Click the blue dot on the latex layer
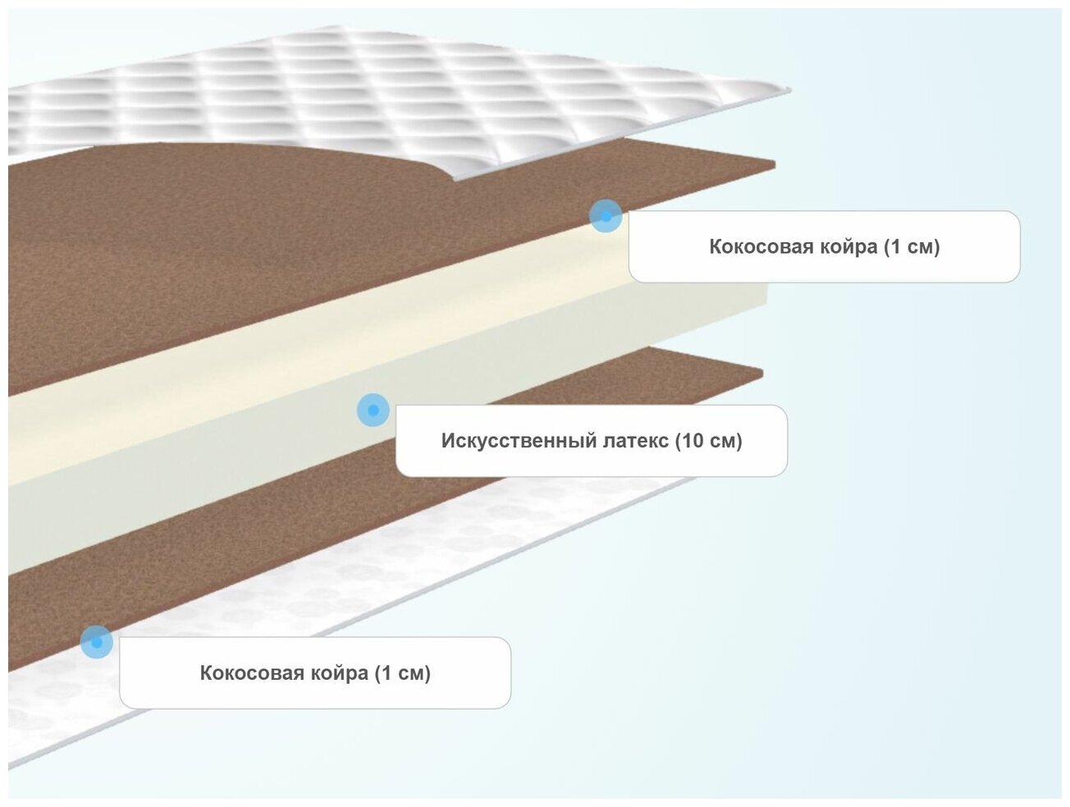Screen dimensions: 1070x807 click(373, 410)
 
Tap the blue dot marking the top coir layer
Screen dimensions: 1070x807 click(606, 216)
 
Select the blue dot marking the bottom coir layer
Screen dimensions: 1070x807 click(97, 642)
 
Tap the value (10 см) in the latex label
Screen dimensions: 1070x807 click(708, 441)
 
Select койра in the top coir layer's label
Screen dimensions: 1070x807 click(845, 247)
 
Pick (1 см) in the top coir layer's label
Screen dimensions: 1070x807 click(912, 247)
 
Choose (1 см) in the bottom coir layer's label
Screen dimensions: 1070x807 click(402, 673)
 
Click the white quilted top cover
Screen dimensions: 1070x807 click(328, 90)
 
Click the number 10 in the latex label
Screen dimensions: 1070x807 click(692, 441)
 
